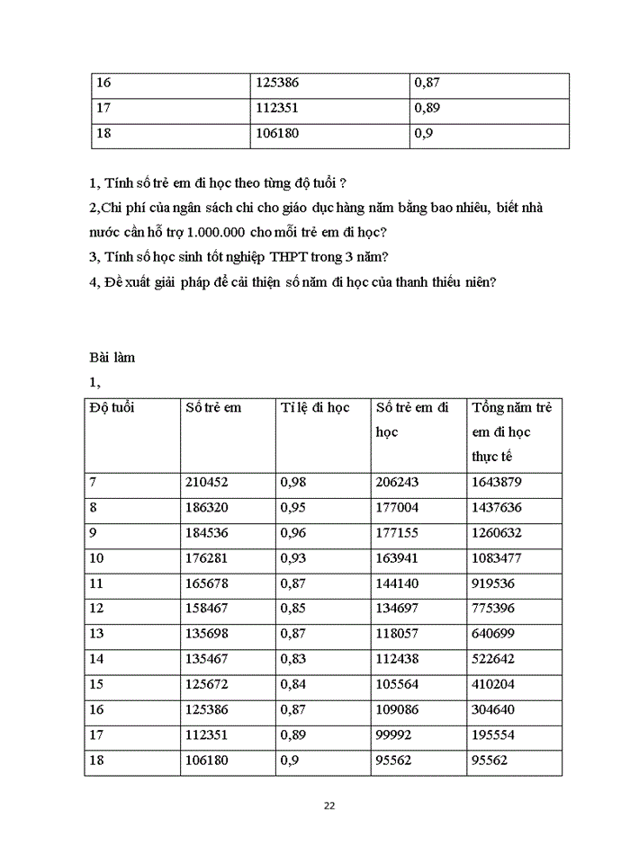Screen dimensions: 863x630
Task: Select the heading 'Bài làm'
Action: point(112,357)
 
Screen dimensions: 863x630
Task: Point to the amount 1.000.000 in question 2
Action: point(218,232)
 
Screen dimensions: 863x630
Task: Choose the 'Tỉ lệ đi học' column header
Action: point(314,407)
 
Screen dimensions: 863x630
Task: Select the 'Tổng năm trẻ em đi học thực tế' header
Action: point(511,431)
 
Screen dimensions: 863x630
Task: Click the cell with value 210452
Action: point(206,482)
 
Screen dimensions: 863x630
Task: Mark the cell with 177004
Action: point(397,507)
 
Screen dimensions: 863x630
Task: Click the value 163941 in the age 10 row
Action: point(397,557)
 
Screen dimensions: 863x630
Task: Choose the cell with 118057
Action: point(397,634)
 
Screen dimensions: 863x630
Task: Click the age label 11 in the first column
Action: point(97,583)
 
